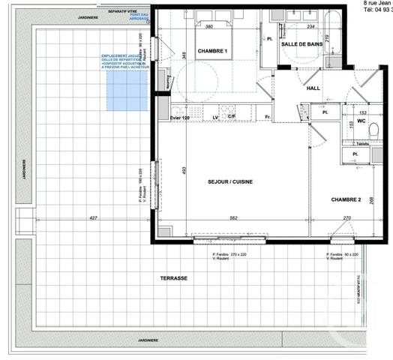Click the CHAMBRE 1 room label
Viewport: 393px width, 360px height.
pos(212,51)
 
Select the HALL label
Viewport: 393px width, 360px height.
pos(313,88)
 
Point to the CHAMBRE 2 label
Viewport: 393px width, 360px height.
pos(347,199)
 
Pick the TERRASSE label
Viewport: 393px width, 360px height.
pos(173,278)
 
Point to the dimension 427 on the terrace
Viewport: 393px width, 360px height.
pos(94,218)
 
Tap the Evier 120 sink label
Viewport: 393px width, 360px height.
pos(181,118)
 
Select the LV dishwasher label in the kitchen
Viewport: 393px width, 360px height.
pos(215,118)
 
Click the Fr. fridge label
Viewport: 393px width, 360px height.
pos(267,118)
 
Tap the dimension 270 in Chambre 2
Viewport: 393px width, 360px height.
pos(346,218)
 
